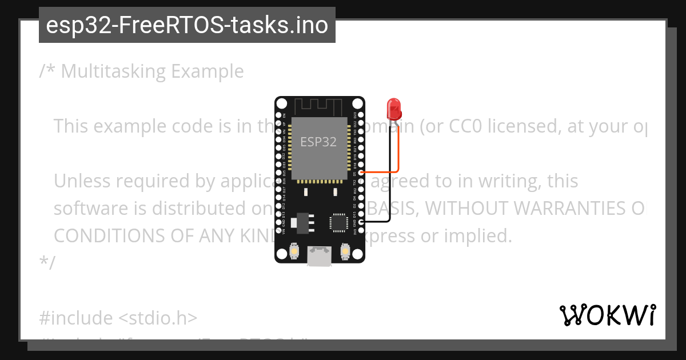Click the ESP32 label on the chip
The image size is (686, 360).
tap(319, 142)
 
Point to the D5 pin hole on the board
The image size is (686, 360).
tap(361, 173)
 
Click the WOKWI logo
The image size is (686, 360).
tap(608, 315)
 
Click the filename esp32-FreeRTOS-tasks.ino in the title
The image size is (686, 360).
tap(187, 26)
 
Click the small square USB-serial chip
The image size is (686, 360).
tap(338, 222)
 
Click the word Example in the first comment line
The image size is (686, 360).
tap(208, 71)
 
